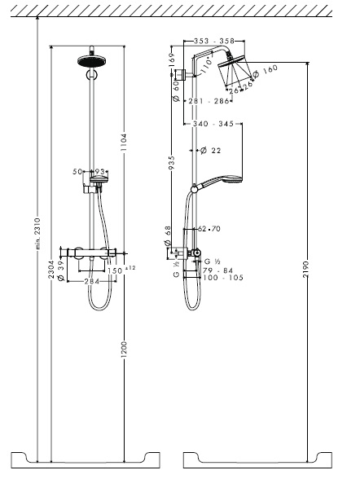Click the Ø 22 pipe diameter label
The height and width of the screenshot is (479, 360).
point(212,150)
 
